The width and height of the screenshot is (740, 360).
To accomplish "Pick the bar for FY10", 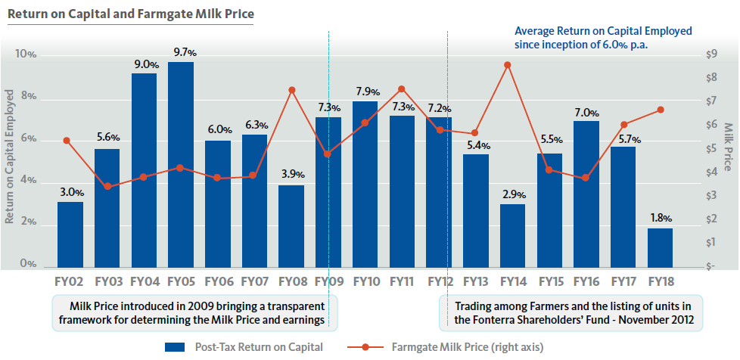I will tap(365, 185).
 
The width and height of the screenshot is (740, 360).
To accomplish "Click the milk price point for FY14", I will tap(508, 65).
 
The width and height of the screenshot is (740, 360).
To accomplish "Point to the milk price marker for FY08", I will tap(291, 90).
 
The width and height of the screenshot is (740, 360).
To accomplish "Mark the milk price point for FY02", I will tap(67, 141).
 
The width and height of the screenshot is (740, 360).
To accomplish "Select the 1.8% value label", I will tap(660, 219).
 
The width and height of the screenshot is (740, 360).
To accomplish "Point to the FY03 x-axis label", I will tap(107, 282).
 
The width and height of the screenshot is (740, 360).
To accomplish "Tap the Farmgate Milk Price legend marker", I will tap(366, 347).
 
